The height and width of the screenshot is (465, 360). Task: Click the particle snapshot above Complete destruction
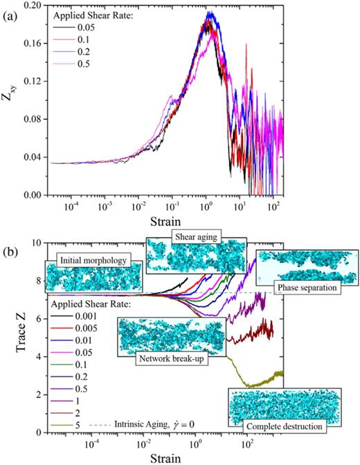click(x=286, y=403)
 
